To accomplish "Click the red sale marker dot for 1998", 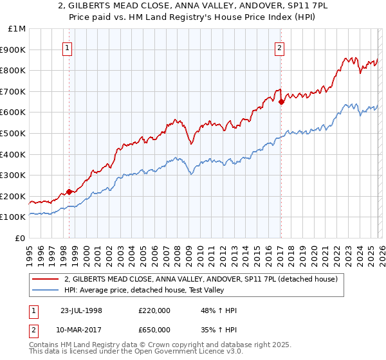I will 69,192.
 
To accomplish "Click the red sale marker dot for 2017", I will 281,102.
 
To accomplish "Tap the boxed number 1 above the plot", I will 68,47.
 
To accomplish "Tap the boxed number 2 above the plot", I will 280,47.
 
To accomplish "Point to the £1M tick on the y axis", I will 17,28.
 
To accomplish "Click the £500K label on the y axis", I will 14,133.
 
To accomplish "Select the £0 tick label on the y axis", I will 20,238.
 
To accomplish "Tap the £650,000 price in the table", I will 154,329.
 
